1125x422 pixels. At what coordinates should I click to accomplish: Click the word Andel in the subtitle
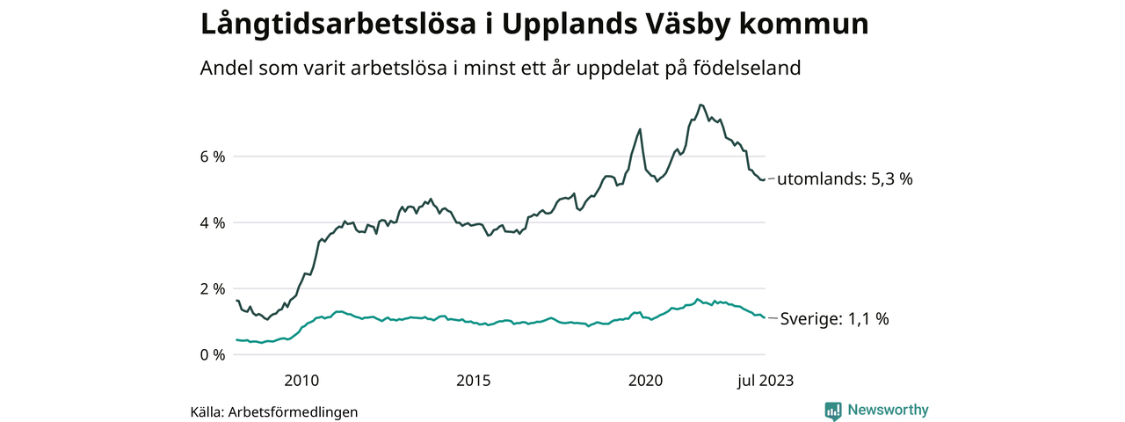tap(227, 68)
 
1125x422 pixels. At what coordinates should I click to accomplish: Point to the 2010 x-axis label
tap(301, 380)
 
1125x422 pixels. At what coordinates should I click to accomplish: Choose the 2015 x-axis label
tap(474, 380)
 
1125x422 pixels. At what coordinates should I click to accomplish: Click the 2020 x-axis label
tap(646, 380)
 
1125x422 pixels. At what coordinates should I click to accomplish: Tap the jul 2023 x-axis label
tap(763, 380)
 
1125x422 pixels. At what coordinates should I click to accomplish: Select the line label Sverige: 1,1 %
tap(834, 319)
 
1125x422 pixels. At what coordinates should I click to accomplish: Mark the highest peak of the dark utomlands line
tap(700, 105)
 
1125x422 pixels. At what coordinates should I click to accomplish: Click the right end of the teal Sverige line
tap(764, 317)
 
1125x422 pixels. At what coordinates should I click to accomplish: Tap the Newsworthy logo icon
tap(833, 411)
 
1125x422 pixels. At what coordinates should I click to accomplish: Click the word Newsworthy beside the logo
tap(888, 410)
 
